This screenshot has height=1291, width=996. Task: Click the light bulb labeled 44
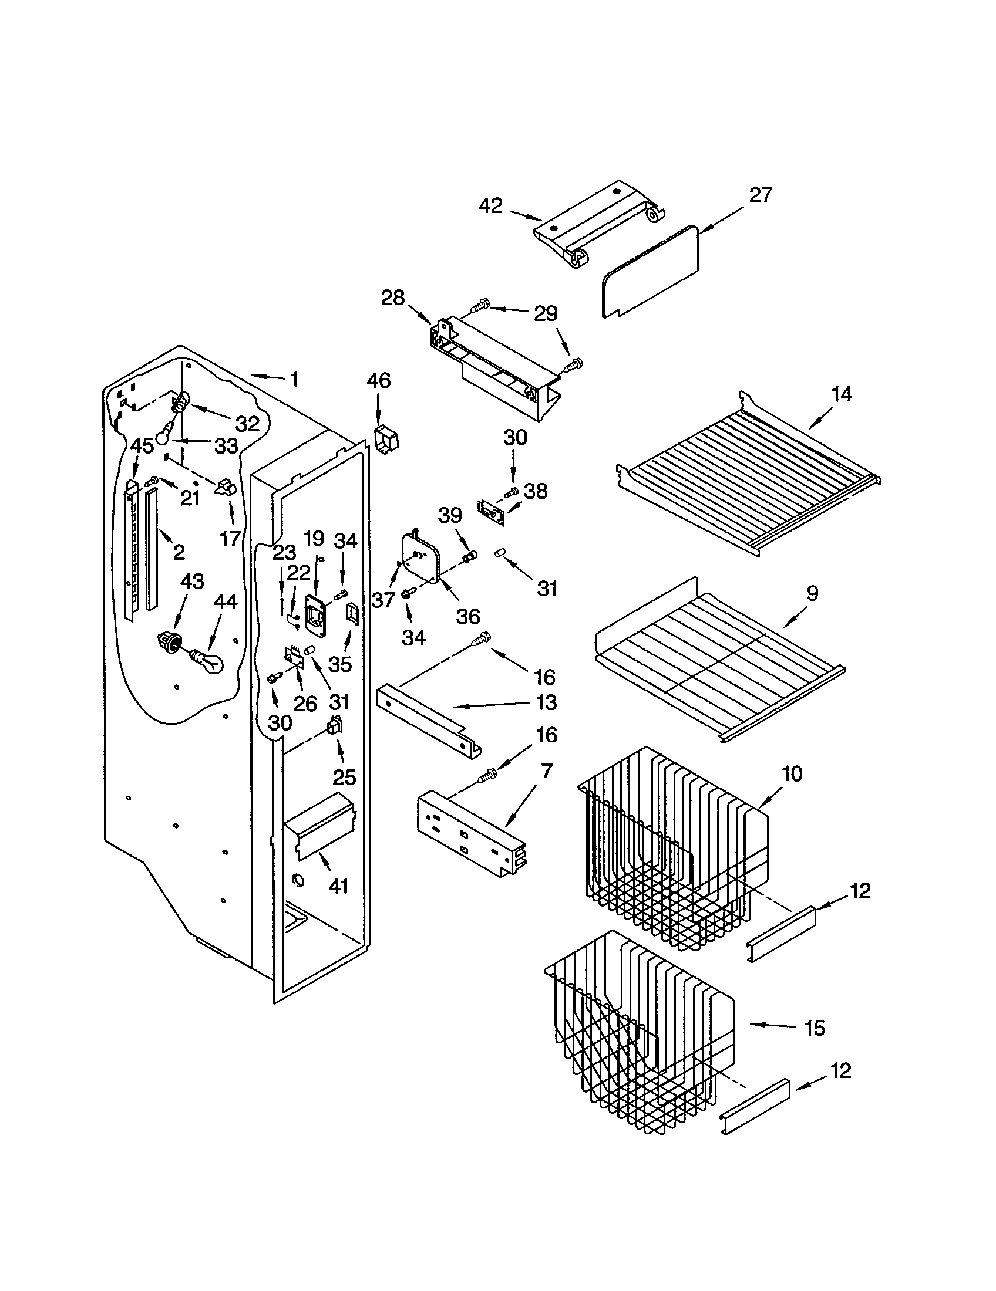tap(208, 661)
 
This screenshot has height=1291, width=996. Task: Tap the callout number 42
tap(490, 206)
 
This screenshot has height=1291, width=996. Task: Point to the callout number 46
tap(379, 381)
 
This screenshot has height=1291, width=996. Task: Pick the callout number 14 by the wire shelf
tap(841, 394)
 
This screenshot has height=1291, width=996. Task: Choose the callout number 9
tap(812, 593)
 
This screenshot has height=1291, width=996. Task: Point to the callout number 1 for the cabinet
tap(294, 378)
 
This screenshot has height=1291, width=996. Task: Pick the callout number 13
tap(547, 702)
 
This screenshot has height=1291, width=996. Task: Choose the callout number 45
tap(142, 446)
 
